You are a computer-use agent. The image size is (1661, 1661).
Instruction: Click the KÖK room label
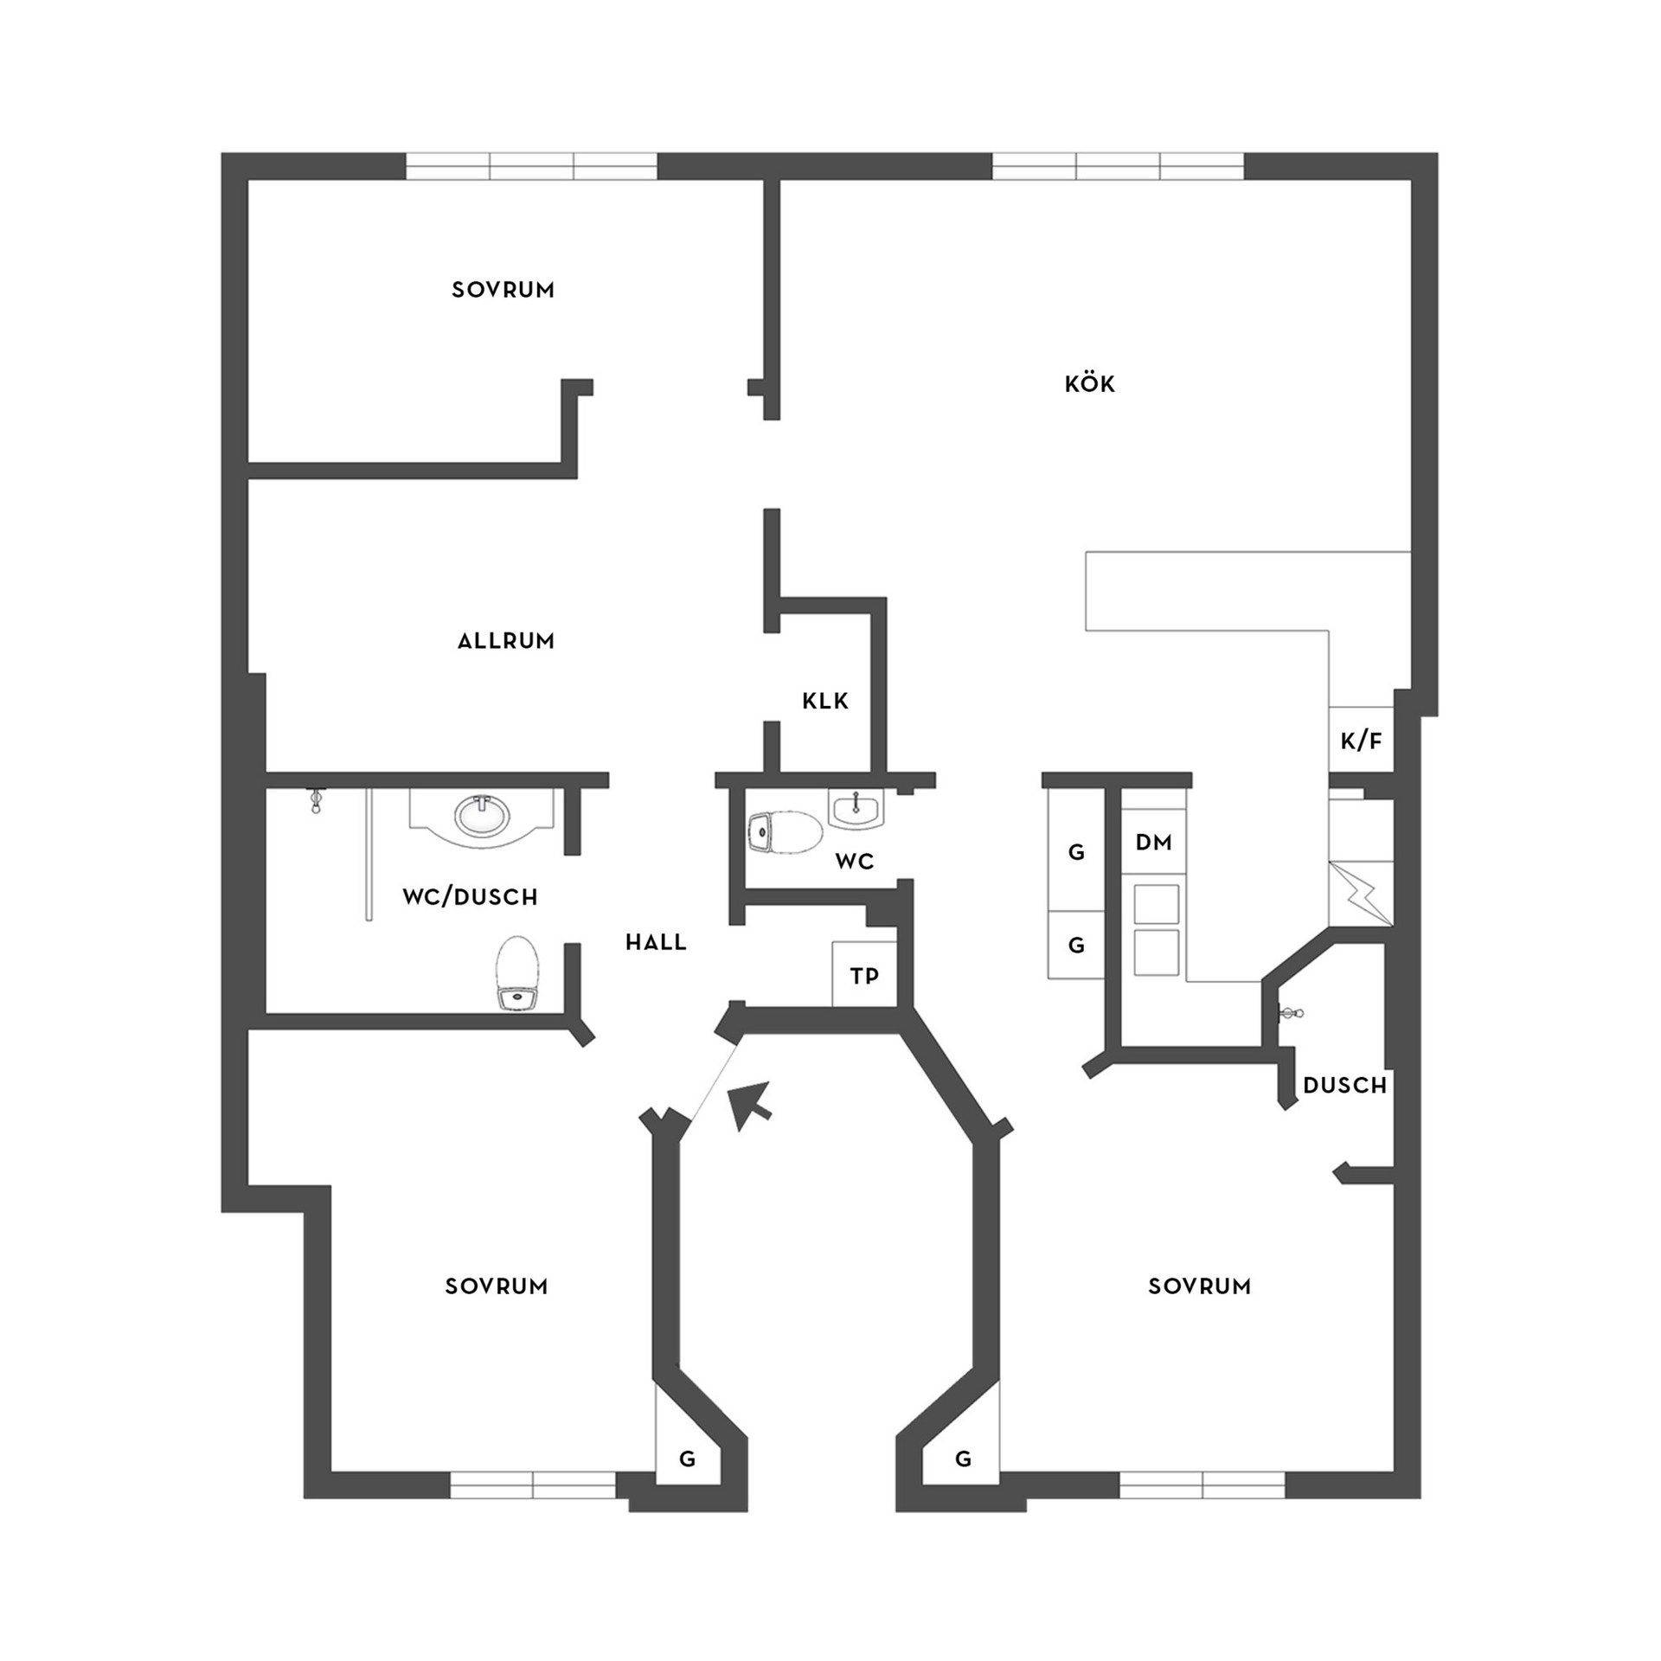click(1089, 383)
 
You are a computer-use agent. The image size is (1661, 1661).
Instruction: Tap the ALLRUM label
click(506, 641)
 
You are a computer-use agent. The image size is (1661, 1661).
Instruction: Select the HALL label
click(656, 943)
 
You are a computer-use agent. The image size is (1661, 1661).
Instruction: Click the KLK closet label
click(825, 701)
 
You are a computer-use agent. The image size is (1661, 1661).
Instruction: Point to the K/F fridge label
click(1361, 741)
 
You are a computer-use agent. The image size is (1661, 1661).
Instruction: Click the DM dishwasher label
click(1153, 842)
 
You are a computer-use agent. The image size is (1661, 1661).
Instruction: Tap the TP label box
click(864, 976)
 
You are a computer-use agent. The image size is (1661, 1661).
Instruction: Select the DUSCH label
click(1344, 1085)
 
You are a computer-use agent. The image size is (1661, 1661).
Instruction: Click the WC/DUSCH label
click(470, 897)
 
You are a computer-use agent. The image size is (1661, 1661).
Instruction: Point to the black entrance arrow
click(749, 1104)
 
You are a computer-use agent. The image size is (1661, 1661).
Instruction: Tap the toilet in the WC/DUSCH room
click(518, 974)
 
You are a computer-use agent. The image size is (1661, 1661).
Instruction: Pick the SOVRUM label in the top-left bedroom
click(503, 290)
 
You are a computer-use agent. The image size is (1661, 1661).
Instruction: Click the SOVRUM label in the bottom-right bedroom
click(1199, 1311)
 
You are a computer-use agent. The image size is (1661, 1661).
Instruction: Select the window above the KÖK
click(1118, 166)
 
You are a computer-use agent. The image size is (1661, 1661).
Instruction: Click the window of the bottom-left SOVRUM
click(533, 1485)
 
